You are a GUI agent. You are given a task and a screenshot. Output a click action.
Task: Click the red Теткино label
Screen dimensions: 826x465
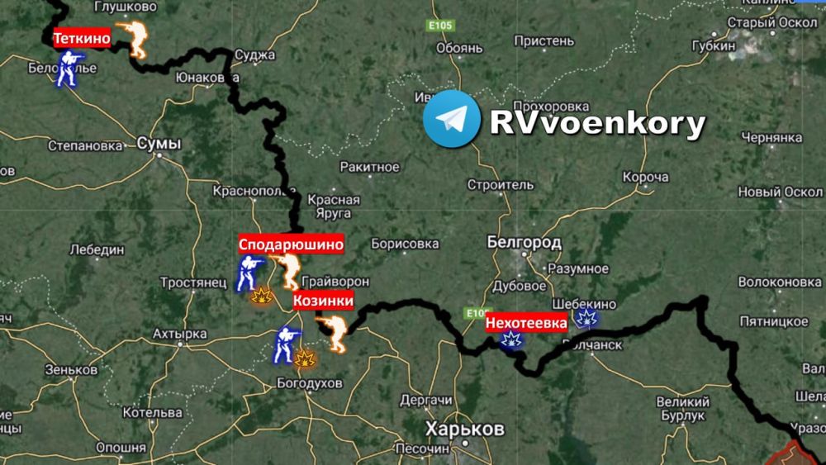[81, 39]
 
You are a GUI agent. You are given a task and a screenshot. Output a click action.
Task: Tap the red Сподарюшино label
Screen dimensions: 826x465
[291, 244]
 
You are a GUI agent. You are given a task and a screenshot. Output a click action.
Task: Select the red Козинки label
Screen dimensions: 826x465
[323, 301]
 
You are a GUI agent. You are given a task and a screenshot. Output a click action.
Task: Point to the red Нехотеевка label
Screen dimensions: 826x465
[526, 323]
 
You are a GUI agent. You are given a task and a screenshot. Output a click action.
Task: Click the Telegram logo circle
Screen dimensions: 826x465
[451, 119]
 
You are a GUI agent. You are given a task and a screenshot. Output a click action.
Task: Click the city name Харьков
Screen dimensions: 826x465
[463, 429]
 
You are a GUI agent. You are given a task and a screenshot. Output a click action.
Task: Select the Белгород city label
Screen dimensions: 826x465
[524, 243]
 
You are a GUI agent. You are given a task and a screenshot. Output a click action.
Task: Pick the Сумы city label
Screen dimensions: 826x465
[158, 144]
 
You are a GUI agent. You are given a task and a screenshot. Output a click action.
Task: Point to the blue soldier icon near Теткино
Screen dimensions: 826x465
[67, 69]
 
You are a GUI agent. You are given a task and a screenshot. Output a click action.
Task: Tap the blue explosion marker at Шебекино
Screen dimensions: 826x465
[586, 320]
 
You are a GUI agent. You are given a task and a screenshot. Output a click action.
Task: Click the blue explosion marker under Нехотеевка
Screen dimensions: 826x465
[513, 339]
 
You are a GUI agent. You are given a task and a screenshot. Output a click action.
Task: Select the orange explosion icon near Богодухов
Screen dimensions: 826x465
[306, 358]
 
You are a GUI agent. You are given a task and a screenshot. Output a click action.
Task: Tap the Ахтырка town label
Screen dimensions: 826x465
[179, 335]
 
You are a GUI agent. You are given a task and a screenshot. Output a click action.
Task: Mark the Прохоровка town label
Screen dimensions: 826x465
[551, 107]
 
